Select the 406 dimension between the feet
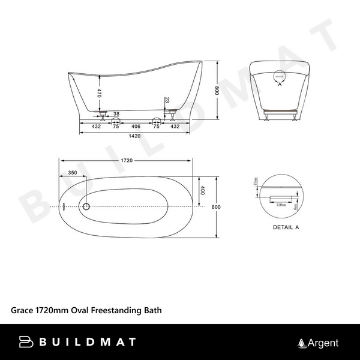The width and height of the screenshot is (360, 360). tap(136, 127)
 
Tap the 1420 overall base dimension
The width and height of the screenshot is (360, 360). tap(135, 136)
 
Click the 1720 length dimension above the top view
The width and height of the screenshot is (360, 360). tap(126, 161)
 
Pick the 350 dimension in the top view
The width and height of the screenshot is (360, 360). tap(73, 173)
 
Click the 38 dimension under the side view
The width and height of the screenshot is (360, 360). tap(116, 114)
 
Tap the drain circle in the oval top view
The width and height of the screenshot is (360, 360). tap(86, 206)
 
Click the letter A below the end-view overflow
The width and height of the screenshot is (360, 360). tap(280, 85)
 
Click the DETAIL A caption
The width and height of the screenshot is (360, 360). tap(286, 227)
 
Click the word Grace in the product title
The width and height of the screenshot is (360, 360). tap(22, 311)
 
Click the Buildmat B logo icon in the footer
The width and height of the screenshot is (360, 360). tap(26, 343)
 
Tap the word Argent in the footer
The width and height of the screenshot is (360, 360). tap(323, 343)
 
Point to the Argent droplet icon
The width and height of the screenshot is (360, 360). tap(302, 343)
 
